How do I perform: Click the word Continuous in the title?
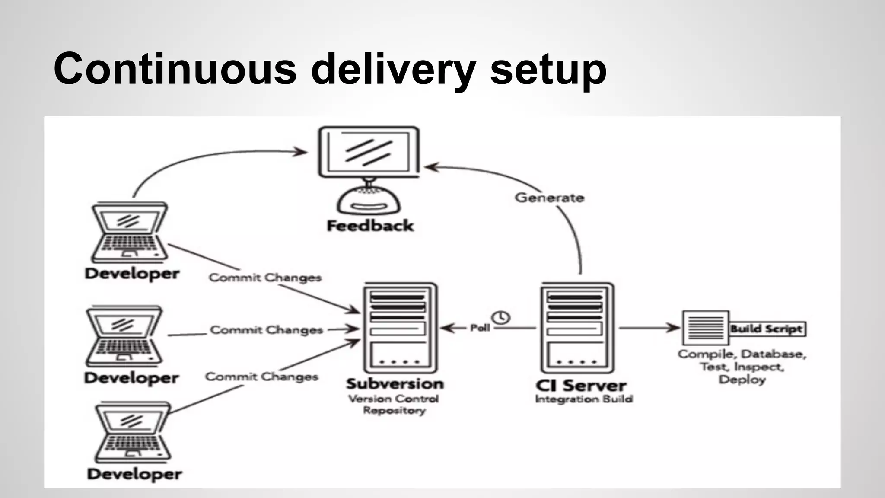[x=175, y=69]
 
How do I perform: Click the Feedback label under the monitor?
[x=370, y=226]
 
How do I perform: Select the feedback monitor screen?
[x=369, y=152]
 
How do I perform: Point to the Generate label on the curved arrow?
[x=549, y=198]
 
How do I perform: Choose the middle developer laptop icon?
[x=124, y=336]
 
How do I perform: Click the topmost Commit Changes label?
[x=265, y=278]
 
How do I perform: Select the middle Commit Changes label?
[x=266, y=330]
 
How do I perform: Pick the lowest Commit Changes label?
[x=261, y=377]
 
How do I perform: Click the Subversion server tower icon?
[x=400, y=328]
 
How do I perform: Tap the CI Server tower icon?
[x=577, y=328]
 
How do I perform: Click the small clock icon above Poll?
[x=501, y=318]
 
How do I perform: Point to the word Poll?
[x=480, y=328]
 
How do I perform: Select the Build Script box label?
[x=767, y=329]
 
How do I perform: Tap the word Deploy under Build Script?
[x=742, y=380]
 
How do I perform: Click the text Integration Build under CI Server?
[x=583, y=399]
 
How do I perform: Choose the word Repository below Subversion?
[x=394, y=410]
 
